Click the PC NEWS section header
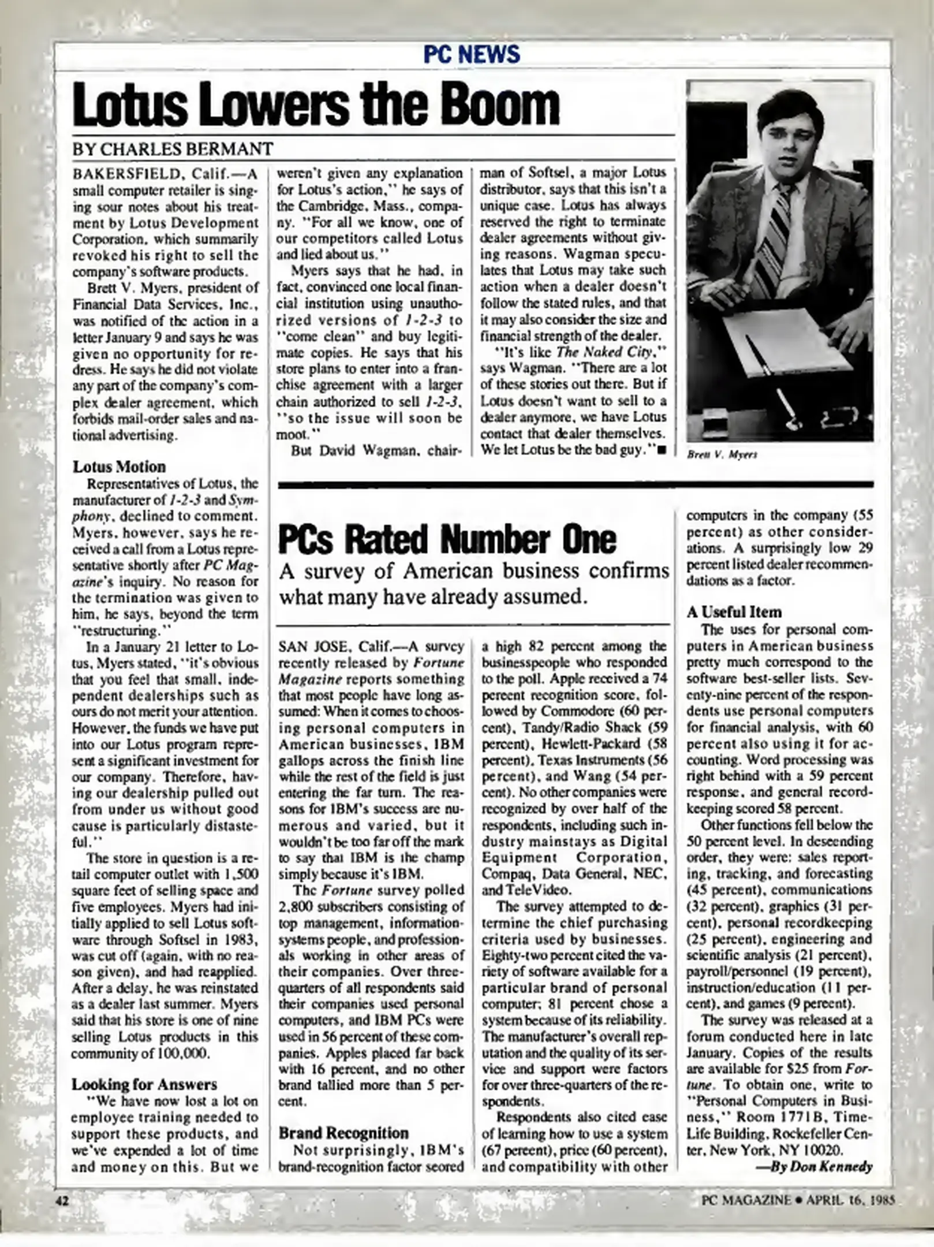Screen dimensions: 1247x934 pos(471,55)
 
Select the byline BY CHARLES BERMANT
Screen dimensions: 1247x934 pos(172,149)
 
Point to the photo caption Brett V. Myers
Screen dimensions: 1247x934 pos(722,454)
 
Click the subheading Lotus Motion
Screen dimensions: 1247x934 pos(119,466)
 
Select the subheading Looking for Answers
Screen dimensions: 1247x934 pos(144,1084)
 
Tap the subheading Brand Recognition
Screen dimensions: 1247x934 pos(343,1133)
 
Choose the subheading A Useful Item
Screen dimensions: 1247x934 pos(733,612)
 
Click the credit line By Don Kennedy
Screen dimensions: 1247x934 pos(814,1166)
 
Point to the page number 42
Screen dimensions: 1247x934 pos(62,1200)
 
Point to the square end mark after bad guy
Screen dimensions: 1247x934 pos(662,450)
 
